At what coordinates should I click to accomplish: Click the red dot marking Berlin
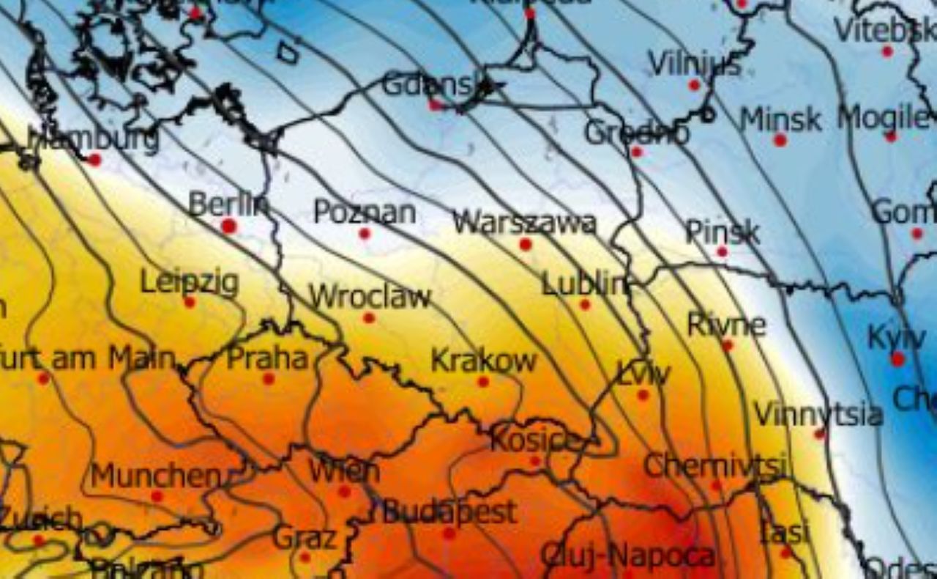pos(229,226)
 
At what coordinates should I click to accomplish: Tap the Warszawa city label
pos(524,222)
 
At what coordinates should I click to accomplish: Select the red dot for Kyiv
pos(898,359)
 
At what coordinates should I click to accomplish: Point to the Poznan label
pos(365,212)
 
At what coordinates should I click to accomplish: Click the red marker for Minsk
pos(780,140)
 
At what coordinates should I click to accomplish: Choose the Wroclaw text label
pos(370,297)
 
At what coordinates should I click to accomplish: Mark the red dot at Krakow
pos(483,382)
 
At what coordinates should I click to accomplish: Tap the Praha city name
pos(267,358)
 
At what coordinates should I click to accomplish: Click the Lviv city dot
pos(643,395)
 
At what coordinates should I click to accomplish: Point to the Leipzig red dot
pos(190,302)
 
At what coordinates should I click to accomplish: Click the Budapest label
pos(449,512)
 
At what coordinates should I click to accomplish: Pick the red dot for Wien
pos(344,491)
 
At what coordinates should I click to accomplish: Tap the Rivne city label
pos(727,324)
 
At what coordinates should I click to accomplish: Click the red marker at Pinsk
pos(723,251)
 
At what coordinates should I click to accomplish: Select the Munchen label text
pos(155,476)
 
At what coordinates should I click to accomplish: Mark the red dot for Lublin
pos(585,305)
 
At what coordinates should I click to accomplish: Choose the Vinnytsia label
pos(818,415)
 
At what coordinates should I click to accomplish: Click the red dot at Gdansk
pos(436,106)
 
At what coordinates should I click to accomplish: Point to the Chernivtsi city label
pos(715,465)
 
